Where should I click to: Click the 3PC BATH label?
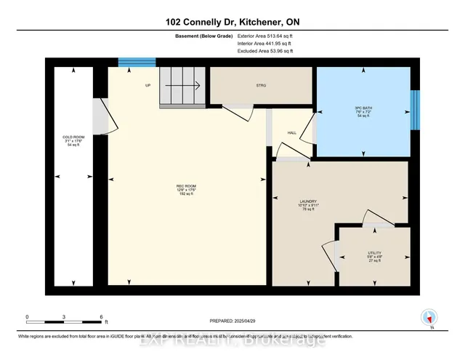coord(363,112)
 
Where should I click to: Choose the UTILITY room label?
coord(374,255)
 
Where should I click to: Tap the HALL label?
coord(292,133)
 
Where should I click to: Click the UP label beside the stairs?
coord(147,85)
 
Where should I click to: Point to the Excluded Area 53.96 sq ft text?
coord(264,51)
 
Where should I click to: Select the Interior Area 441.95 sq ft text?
coord(264,44)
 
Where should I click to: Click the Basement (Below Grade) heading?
coord(203,36)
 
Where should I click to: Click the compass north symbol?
coord(429,317)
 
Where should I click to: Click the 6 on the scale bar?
coord(102,317)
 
